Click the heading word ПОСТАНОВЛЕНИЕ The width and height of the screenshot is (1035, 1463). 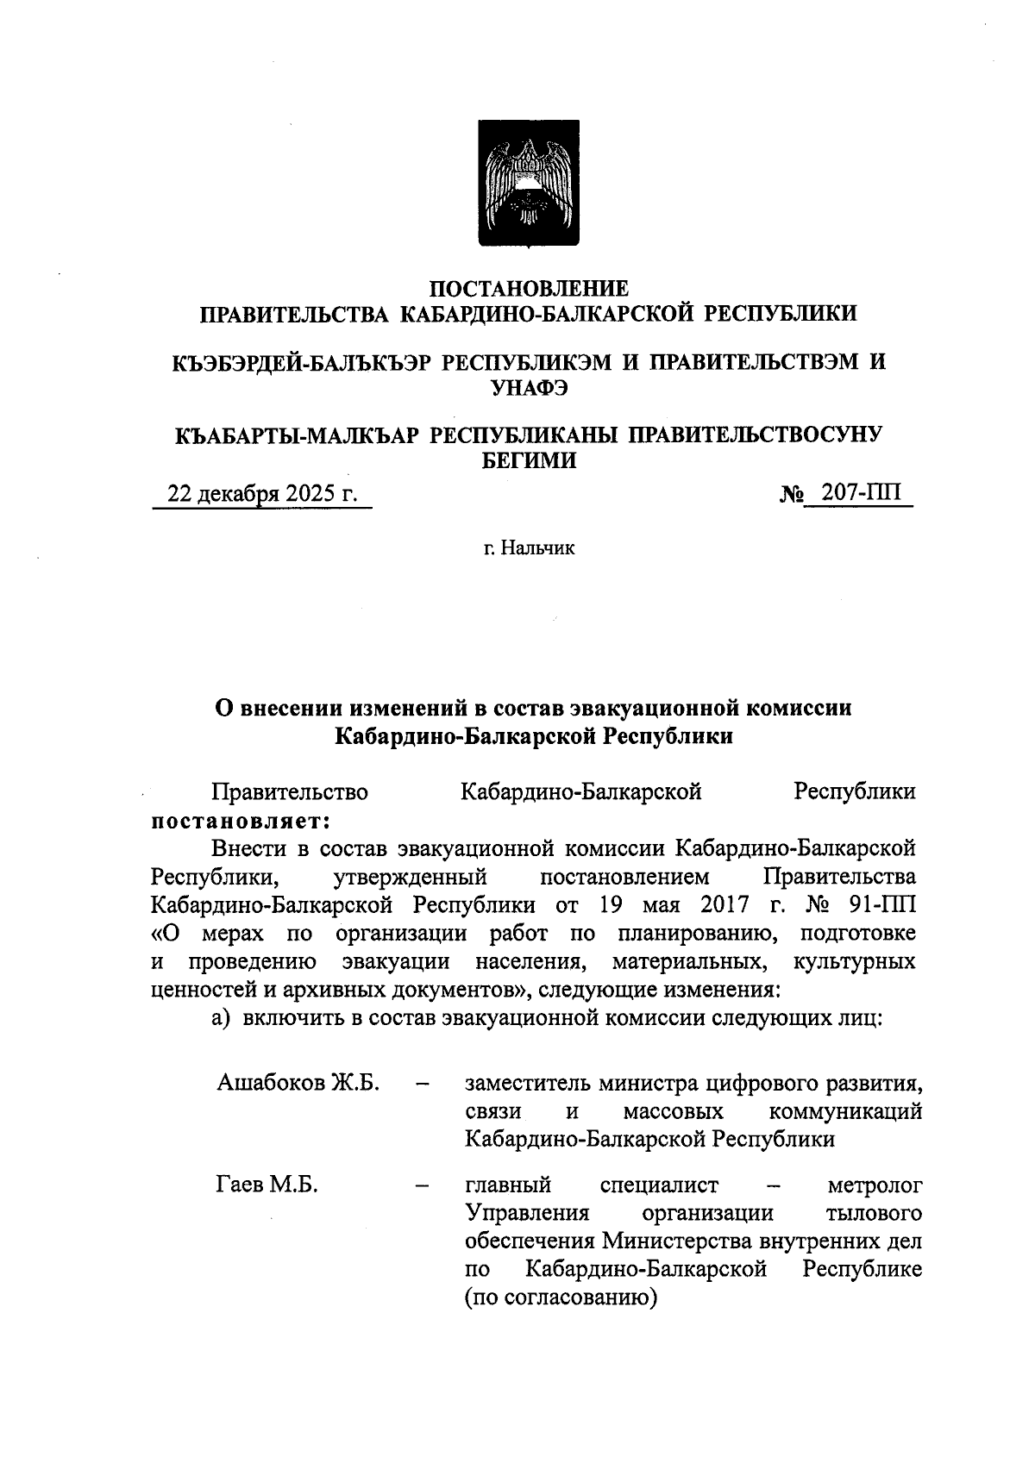coord(529,288)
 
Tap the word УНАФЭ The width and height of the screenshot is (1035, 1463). coord(529,388)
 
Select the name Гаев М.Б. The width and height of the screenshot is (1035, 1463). coord(267,1185)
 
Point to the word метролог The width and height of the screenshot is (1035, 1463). coord(875,1185)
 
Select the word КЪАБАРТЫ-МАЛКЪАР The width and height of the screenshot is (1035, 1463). coord(297,435)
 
